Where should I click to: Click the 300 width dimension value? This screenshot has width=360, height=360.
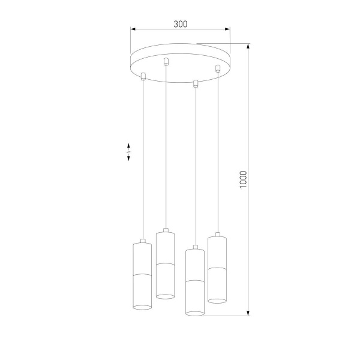tap(181, 24)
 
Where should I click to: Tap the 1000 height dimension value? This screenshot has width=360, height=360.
tap(243, 179)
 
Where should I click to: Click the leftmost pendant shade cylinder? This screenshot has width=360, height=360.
tap(142, 275)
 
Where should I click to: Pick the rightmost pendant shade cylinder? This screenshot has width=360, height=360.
tap(217, 269)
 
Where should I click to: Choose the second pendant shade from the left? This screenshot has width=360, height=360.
tap(165, 264)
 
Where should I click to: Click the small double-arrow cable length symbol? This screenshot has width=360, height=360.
tap(128, 152)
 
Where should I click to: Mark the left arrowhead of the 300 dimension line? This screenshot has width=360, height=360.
tap(134, 29)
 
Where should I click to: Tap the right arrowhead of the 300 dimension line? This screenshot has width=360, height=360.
tap(228, 29)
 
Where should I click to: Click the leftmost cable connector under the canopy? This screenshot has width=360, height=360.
tap(143, 76)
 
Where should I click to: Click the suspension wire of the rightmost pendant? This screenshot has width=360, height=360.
tap(217, 150)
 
